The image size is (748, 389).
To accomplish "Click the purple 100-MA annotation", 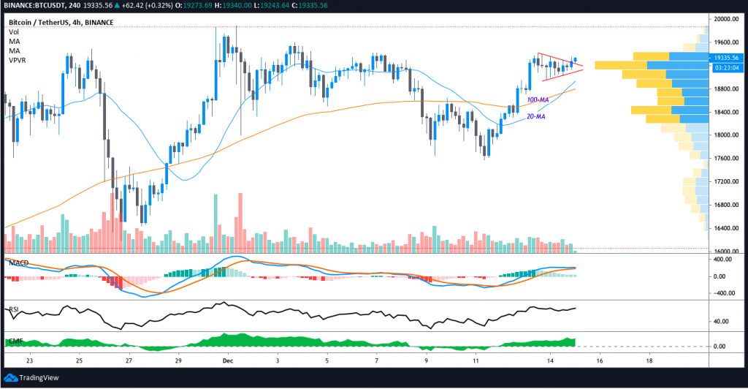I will coord(538,99).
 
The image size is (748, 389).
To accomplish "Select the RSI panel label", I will coord(13,309).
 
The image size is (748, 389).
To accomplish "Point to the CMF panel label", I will coord(15,341).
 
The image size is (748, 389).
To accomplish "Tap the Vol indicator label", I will coord(13,32).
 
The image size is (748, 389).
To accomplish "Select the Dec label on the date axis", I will coord(227,360).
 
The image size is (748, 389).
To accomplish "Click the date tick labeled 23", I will coord(29,360).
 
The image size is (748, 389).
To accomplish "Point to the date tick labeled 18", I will coord(649,360).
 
